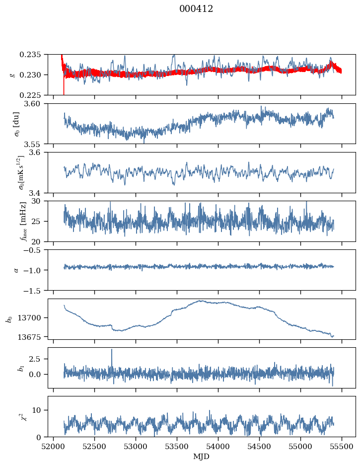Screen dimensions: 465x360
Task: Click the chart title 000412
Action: tap(196, 9)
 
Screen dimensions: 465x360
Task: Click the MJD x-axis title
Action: tap(201, 457)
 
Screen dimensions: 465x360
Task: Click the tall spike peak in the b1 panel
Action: tap(112, 349)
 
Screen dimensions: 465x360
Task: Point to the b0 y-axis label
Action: tap(8, 318)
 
